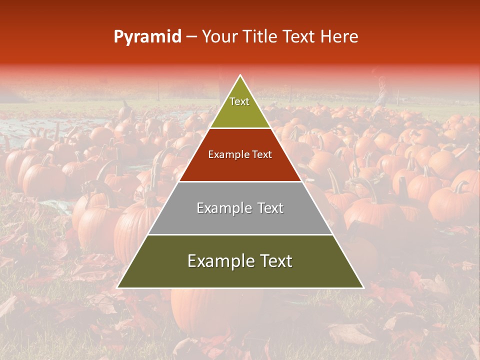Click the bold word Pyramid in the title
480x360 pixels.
point(147,37)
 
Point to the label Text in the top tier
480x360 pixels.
point(239,101)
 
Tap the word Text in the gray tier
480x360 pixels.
point(267,208)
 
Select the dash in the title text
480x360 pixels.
point(191,37)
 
